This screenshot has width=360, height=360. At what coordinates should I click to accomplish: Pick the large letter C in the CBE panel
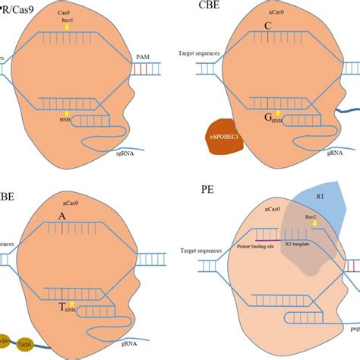pos(267,26)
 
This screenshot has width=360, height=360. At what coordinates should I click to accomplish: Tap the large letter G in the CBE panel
pos(268,118)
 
